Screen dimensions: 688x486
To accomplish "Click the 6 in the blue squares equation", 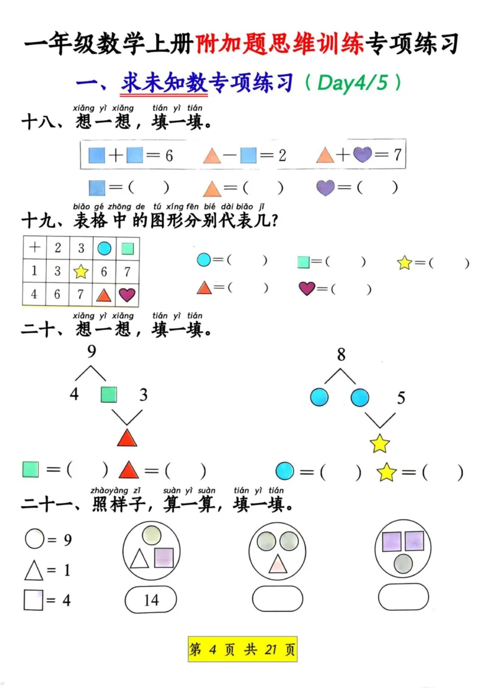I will [168, 156].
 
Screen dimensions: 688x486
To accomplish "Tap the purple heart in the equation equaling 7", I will [363, 155].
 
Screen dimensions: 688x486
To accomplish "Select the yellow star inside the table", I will [81, 272].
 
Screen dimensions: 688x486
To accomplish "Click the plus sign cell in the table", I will [35, 248].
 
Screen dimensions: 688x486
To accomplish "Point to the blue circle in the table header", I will [104, 248].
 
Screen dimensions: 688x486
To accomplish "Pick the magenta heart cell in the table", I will [127, 295].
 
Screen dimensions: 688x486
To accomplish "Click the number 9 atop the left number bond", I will [92, 351].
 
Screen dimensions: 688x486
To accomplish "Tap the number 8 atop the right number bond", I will [341, 355].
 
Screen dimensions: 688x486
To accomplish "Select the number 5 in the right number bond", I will [401, 398].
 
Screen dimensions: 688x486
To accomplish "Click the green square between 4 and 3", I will [109, 395].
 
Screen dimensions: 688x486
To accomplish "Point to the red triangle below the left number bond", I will [127, 438].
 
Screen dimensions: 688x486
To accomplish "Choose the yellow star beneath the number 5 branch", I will [380, 444].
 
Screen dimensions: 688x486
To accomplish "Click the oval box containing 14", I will [151, 600].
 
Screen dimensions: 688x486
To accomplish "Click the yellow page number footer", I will [242, 650].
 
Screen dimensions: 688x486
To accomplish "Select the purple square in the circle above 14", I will [164, 557].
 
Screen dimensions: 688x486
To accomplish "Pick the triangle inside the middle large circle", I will [278, 564].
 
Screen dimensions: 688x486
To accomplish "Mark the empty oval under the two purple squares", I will [403, 597].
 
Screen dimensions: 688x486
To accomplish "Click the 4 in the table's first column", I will [34, 295].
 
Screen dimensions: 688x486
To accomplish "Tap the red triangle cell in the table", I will [104, 295].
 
